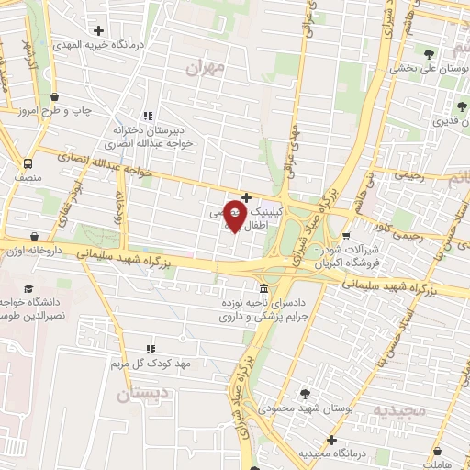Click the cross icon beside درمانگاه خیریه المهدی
pos(99,30)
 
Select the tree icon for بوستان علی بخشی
pos(427,51)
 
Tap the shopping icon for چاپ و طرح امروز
pos(56,95)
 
